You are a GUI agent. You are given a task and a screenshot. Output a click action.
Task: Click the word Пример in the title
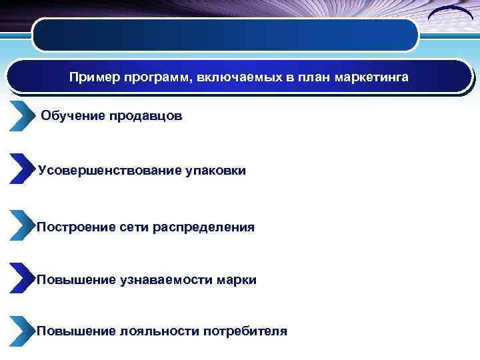[90, 78]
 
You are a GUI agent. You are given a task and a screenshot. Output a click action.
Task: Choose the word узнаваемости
[166, 280]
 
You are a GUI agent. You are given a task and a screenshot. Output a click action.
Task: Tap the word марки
[236, 280]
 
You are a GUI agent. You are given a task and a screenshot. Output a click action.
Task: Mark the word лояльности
[159, 331]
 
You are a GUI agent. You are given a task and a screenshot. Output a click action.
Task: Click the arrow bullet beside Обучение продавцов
[21, 117]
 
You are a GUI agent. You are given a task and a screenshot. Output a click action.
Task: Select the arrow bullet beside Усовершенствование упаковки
[21, 168]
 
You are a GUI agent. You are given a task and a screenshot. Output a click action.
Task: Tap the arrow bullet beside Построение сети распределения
[21, 225]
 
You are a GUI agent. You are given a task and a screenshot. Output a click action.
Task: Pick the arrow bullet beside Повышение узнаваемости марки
[21, 277]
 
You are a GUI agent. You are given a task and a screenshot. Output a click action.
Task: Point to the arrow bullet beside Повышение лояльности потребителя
[21, 330]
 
